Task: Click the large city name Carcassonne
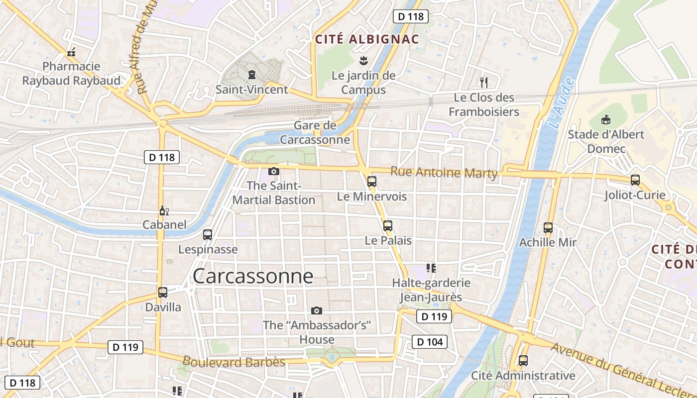253,276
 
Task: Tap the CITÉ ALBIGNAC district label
366,39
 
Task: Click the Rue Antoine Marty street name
444,173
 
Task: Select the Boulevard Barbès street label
233,362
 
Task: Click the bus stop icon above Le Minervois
371,182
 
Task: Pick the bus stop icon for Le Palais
388,225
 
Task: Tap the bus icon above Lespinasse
208,234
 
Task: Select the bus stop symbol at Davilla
163,293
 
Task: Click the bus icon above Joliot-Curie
635,180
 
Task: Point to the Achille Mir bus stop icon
548,227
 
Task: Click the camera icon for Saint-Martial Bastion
273,172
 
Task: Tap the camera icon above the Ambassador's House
316,311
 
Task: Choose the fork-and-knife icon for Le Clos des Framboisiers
483,82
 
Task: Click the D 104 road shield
430,342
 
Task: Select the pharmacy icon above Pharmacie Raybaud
71,52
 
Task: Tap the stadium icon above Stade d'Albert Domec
606,119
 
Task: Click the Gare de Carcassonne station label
315,132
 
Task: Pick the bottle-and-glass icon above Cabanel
164,211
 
